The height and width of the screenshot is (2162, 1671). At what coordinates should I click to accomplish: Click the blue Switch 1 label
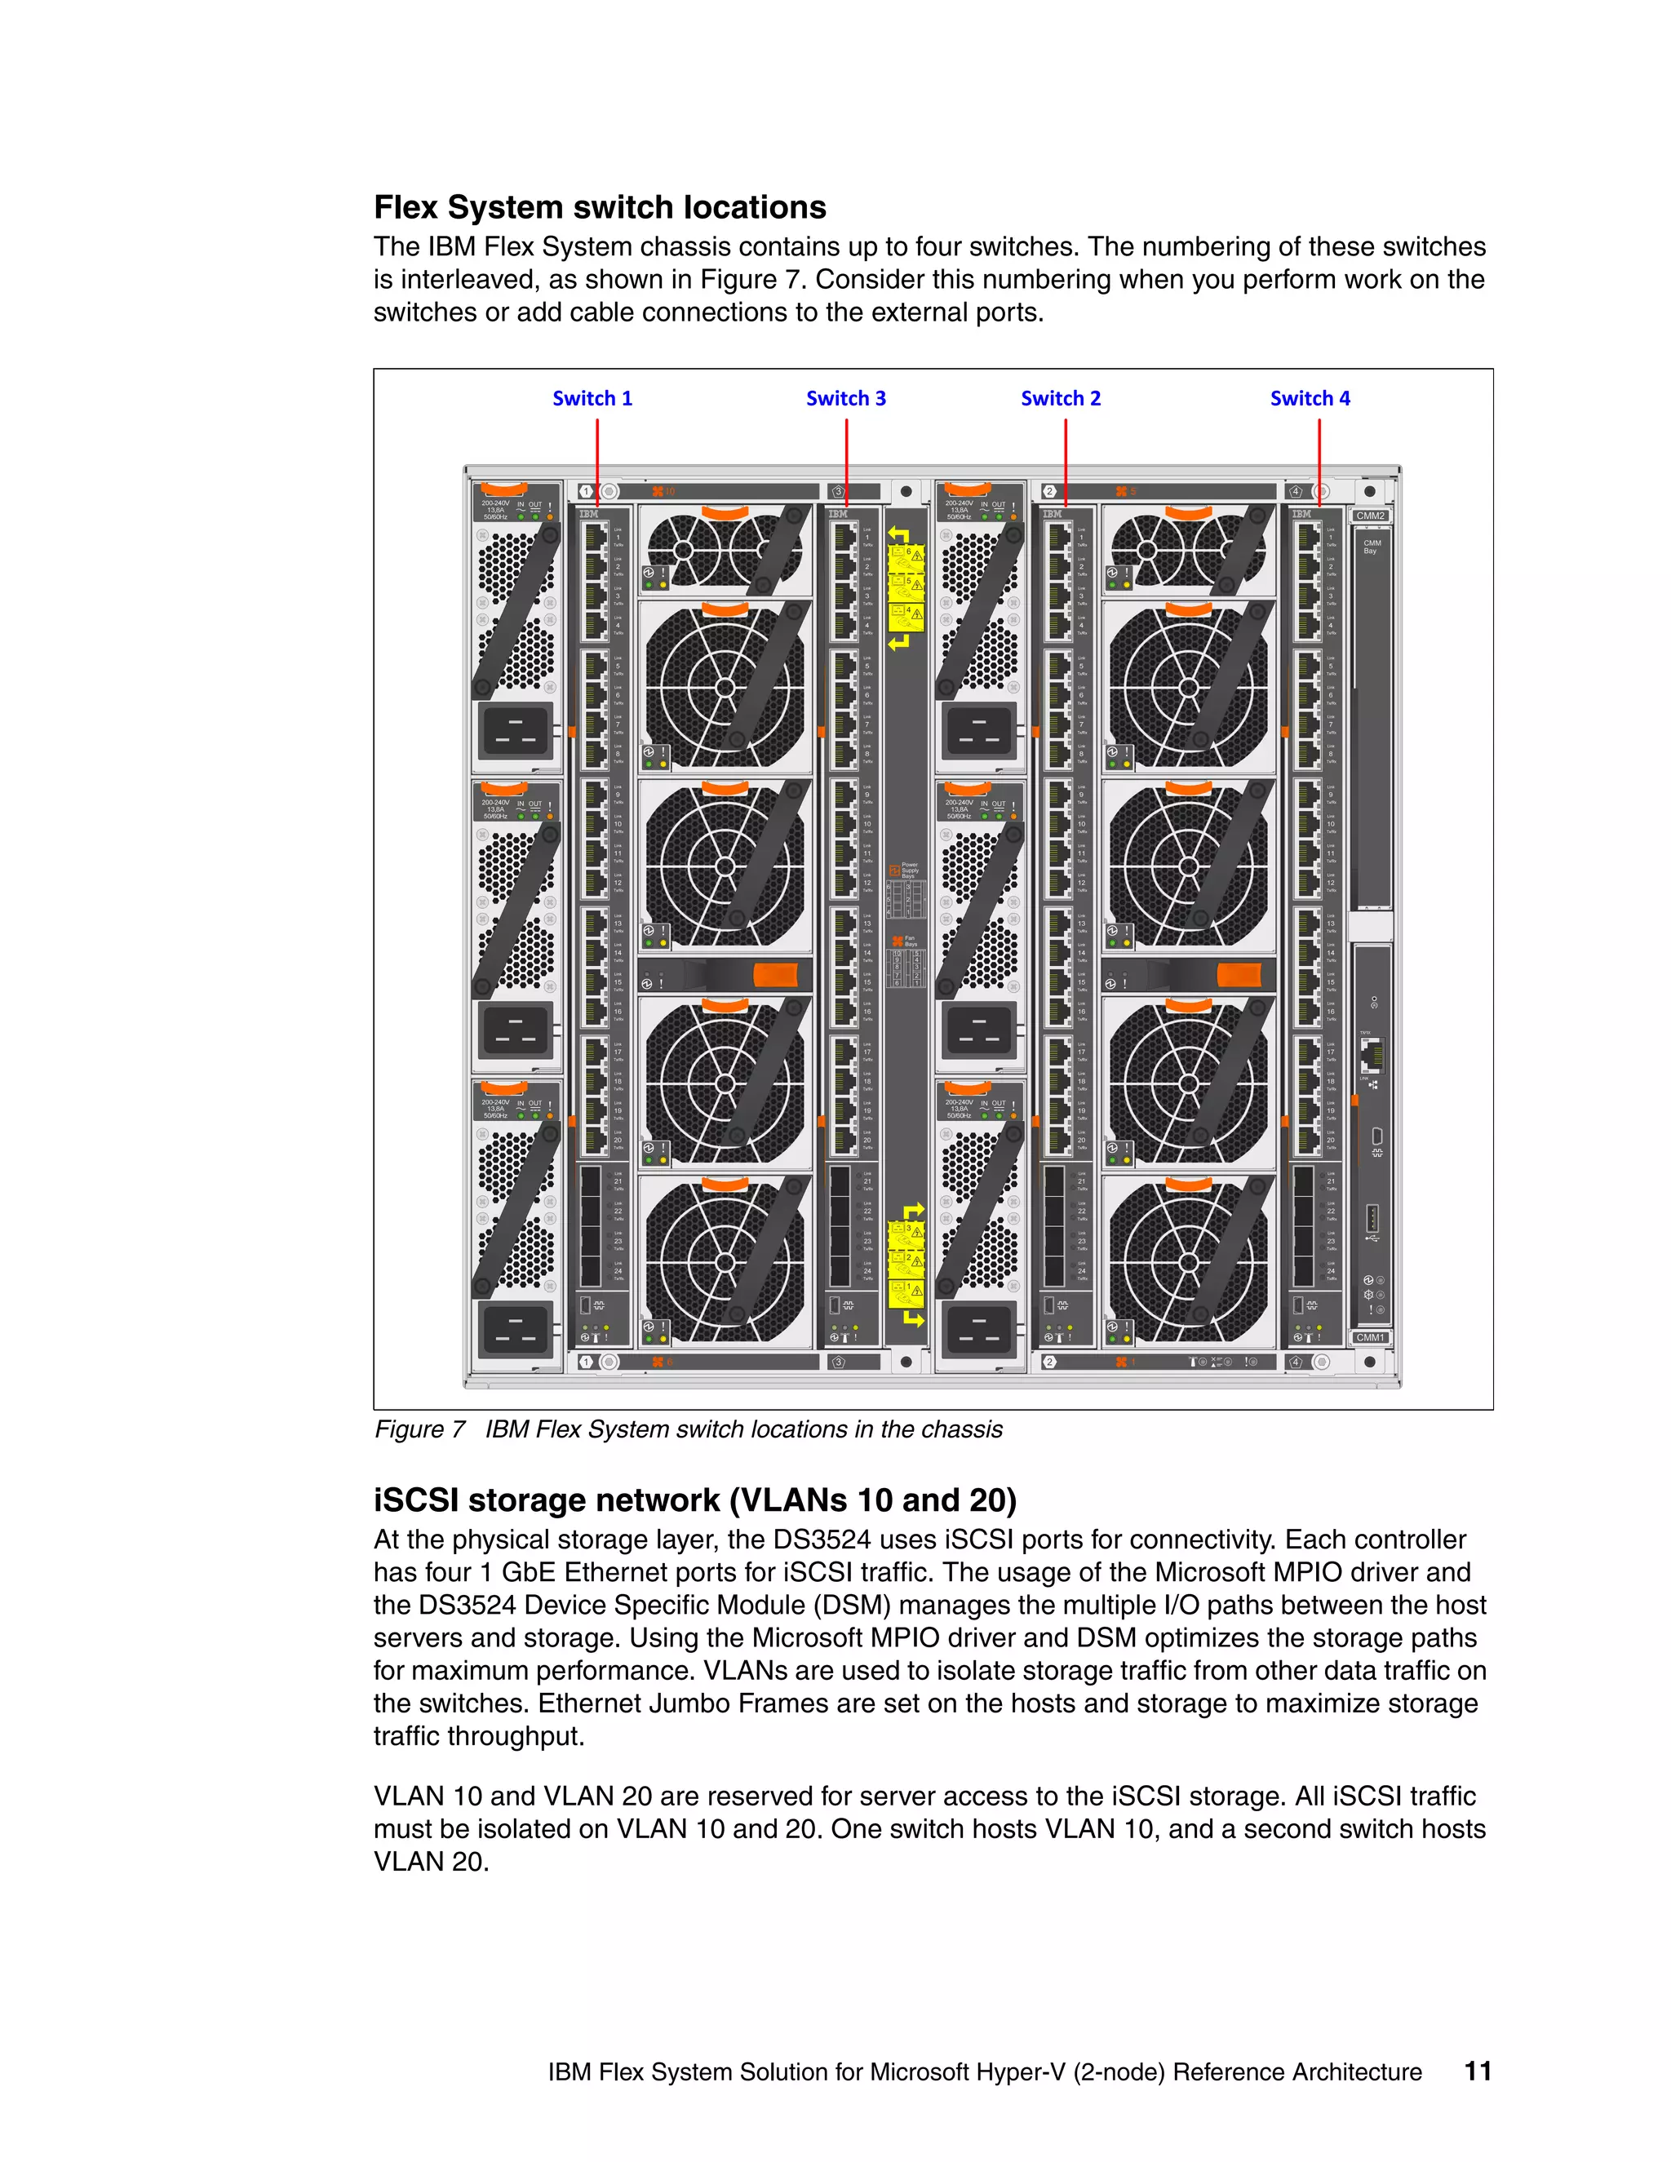[592, 398]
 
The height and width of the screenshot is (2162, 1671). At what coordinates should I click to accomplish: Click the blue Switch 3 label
[845, 398]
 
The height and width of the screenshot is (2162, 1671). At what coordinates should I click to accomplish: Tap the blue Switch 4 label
[1310, 398]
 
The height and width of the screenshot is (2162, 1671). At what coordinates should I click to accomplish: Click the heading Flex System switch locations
[599, 207]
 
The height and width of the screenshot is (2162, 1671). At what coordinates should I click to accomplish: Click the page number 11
[1477, 2071]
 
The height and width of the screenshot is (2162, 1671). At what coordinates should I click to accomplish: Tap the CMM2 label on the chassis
[1370, 516]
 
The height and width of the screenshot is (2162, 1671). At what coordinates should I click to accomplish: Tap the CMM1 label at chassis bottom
[1370, 1337]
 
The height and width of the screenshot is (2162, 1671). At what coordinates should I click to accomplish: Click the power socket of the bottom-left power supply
[515, 1328]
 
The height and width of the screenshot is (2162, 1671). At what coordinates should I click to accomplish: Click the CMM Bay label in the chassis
[1371, 547]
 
